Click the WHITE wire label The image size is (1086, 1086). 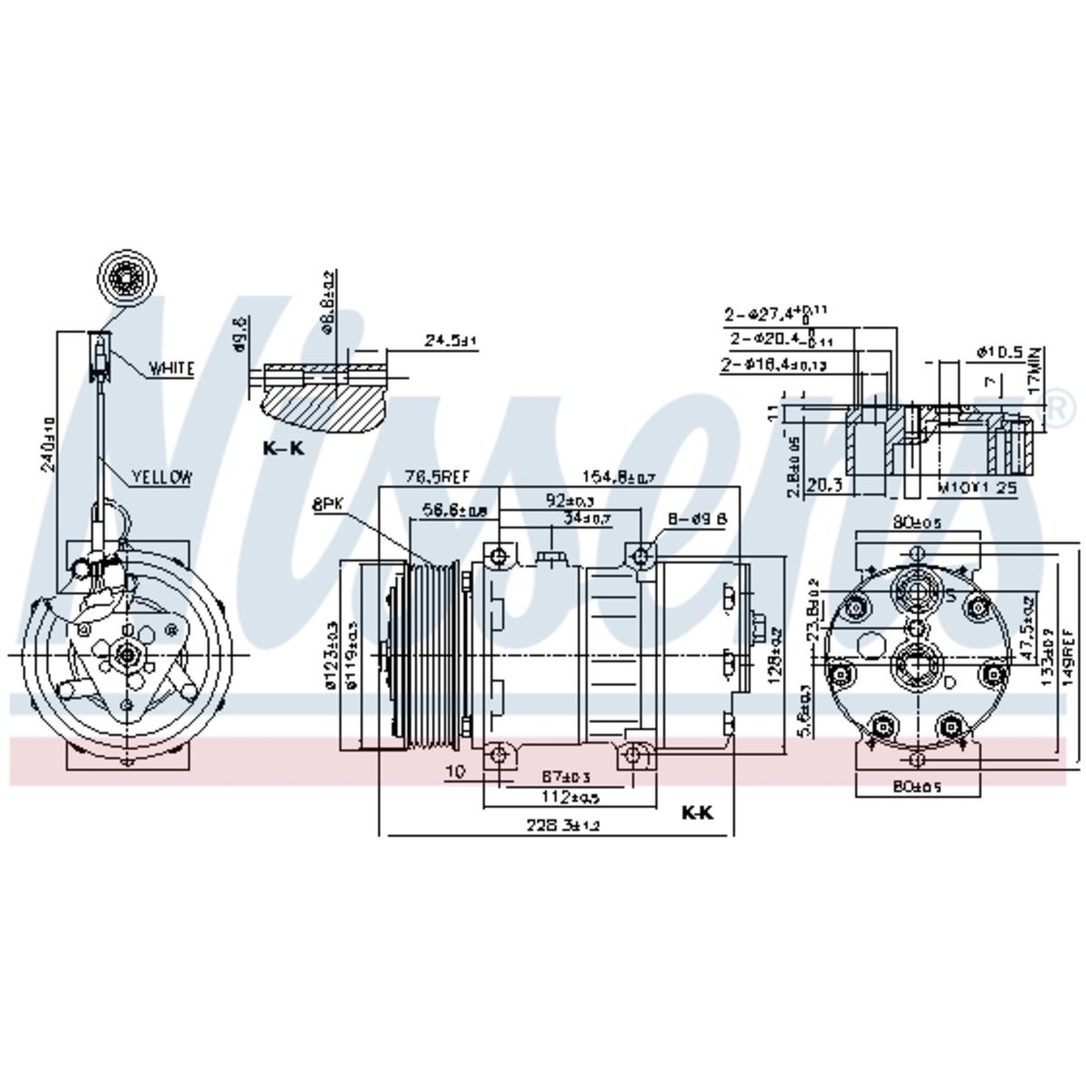171,369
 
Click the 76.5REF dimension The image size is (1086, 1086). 431,477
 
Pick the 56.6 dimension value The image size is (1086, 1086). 455,511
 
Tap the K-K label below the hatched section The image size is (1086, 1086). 283,448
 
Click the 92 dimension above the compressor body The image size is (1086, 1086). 569,499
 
